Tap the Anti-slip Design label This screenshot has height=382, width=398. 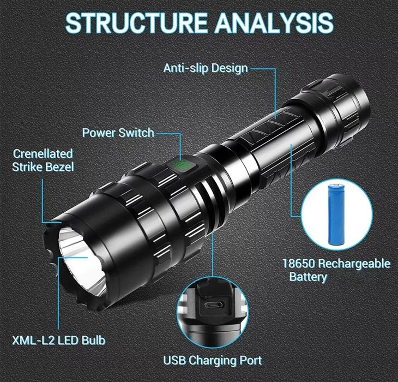coord(206,68)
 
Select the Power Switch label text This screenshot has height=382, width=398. coord(118,133)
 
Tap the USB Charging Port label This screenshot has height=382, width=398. coord(213,360)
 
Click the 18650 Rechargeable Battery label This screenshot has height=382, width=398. coord(336,270)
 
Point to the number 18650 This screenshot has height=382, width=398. coord(299,264)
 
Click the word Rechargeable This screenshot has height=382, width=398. coord(354,264)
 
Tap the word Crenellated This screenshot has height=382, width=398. coord(43,153)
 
